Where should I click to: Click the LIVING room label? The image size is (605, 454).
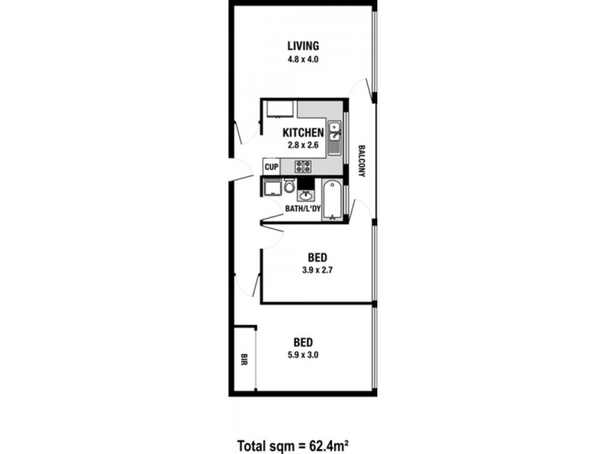pyautogui.click(x=303, y=45)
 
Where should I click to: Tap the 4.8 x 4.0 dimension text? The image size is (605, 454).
pyautogui.click(x=303, y=59)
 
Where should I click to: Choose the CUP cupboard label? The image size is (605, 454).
pyautogui.click(x=271, y=166)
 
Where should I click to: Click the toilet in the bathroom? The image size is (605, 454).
pyautogui.click(x=288, y=187)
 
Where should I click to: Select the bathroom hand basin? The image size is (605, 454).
pyautogui.click(x=306, y=196)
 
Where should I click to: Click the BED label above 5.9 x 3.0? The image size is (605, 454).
pyautogui.click(x=303, y=340)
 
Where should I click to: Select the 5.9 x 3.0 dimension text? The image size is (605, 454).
pyautogui.click(x=303, y=353)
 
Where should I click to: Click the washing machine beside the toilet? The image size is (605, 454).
pyautogui.click(x=271, y=188)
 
